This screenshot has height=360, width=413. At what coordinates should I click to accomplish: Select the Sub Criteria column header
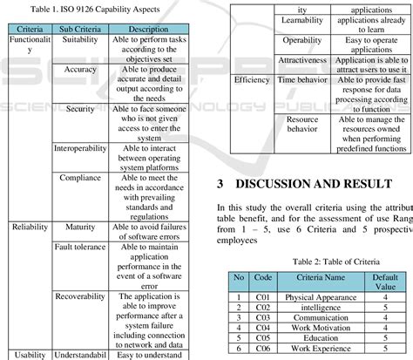coord(80,29)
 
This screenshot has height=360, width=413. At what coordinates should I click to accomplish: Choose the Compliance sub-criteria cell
coord(80,177)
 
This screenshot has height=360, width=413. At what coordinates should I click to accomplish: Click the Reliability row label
coord(30,226)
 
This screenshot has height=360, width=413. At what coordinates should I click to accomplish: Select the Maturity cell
coord(80,226)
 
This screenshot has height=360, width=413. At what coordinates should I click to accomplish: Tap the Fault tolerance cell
coord(80,247)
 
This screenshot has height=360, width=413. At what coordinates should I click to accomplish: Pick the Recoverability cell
coord(80,295)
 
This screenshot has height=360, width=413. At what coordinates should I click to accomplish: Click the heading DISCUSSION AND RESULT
coord(315,185)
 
